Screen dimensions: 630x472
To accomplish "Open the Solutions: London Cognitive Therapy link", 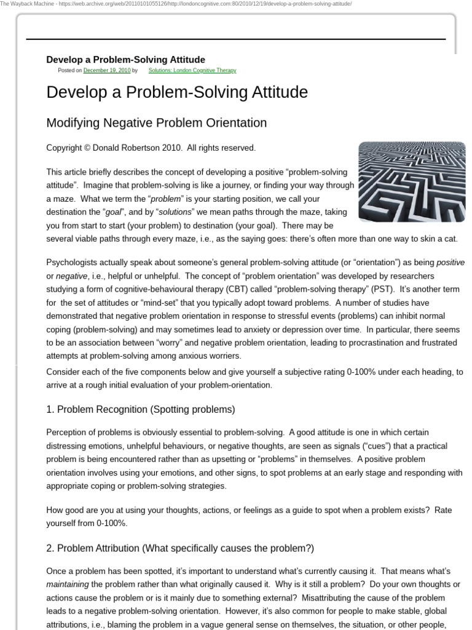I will coord(192,71).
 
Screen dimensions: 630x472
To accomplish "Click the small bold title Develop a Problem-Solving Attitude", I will coord(126,60).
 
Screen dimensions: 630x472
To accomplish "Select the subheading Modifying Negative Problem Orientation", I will coord(157,122).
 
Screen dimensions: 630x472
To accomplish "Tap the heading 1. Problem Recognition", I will coord(140,409).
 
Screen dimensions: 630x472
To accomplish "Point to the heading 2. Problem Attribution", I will coord(180,548).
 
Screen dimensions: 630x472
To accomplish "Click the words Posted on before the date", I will coord(69,71).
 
